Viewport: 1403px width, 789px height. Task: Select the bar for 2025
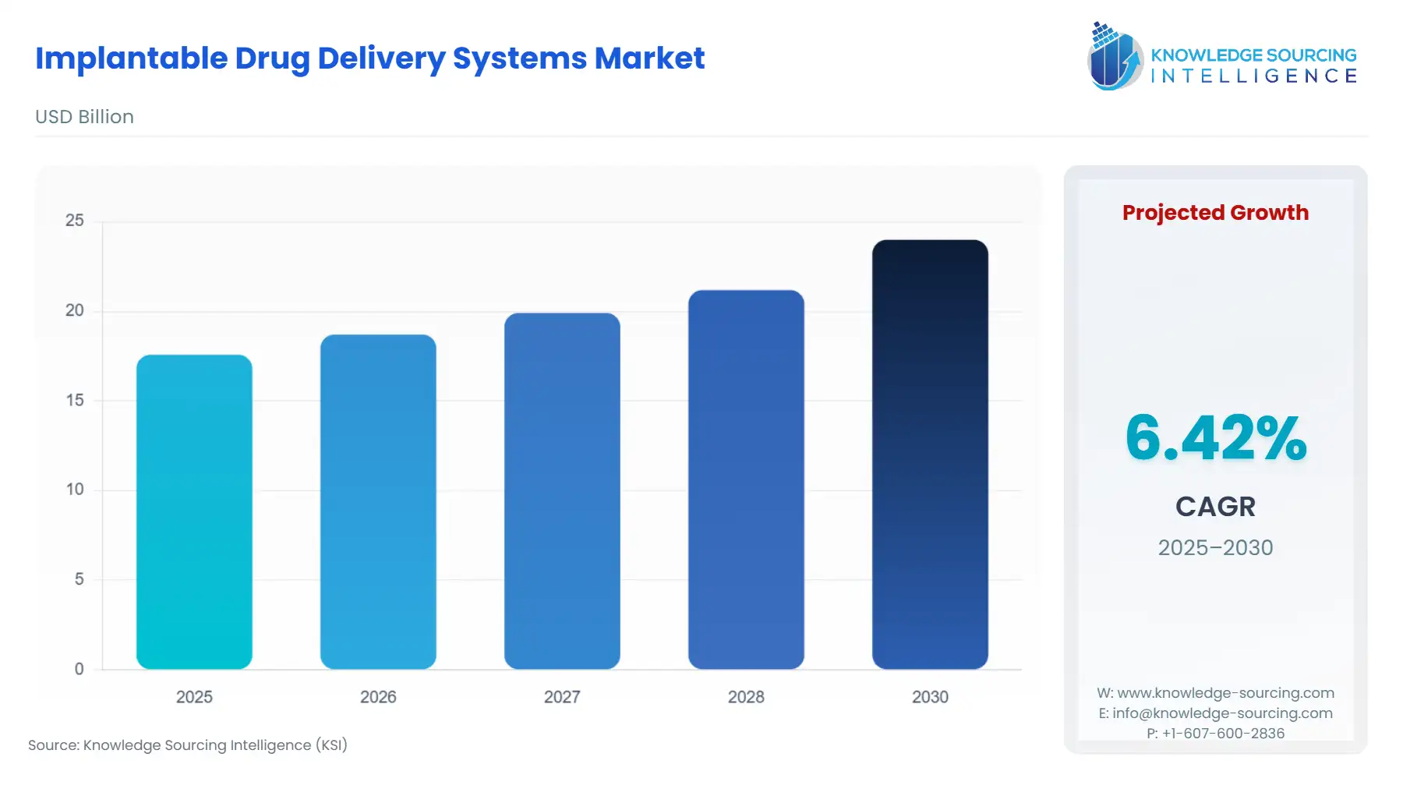pos(194,511)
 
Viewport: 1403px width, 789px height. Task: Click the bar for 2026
pos(378,501)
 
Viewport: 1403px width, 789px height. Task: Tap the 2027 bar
pos(562,490)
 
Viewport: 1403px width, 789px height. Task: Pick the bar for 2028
pos(746,479)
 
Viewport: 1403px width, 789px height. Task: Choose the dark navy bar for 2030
pos(930,454)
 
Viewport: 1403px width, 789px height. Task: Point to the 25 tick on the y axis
pos(75,221)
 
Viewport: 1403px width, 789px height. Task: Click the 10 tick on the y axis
pos(75,490)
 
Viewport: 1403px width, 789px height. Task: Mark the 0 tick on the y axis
pos(79,669)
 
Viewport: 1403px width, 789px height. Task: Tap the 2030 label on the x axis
pos(930,697)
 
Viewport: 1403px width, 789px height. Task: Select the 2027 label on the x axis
pos(562,697)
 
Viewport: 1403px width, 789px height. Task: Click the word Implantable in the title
pos(131,59)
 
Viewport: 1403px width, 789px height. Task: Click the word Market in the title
pos(649,58)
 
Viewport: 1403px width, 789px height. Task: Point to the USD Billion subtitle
pos(84,117)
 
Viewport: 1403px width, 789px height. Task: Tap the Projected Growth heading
pos(1215,213)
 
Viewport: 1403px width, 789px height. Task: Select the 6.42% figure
pos(1215,437)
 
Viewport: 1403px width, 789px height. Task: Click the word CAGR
pos(1215,507)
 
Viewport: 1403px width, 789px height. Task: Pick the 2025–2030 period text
pos(1215,548)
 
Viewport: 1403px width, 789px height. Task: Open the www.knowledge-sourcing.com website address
pos(1225,693)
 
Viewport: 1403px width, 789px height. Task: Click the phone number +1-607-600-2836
pos(1223,734)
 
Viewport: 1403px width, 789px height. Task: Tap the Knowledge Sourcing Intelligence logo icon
pos(1115,56)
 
